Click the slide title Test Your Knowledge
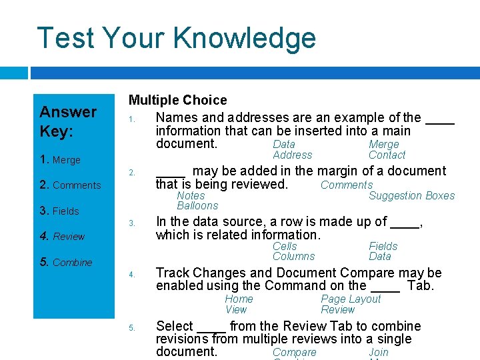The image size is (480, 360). (x=176, y=38)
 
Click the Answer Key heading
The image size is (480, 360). (x=68, y=121)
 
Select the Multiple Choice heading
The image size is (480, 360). (x=177, y=100)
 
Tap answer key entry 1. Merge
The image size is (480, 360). (x=60, y=160)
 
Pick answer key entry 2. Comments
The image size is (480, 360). (x=70, y=185)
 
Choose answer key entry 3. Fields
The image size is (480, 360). (x=59, y=211)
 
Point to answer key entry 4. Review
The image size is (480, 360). (x=62, y=237)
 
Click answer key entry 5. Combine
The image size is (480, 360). (x=65, y=263)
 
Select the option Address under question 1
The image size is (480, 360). (x=292, y=155)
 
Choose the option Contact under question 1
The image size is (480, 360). (x=387, y=155)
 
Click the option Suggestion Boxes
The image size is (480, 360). (x=411, y=196)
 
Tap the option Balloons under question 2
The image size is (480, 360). (x=197, y=206)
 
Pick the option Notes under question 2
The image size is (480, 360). (x=191, y=196)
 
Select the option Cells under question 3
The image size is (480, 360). (x=285, y=247)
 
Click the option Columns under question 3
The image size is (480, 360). (x=293, y=257)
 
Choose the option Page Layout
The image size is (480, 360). (x=351, y=299)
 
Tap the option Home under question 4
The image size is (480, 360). (x=239, y=299)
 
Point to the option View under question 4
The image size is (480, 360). (x=236, y=310)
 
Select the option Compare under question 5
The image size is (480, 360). (x=295, y=353)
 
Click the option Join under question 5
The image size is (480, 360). (x=378, y=353)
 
